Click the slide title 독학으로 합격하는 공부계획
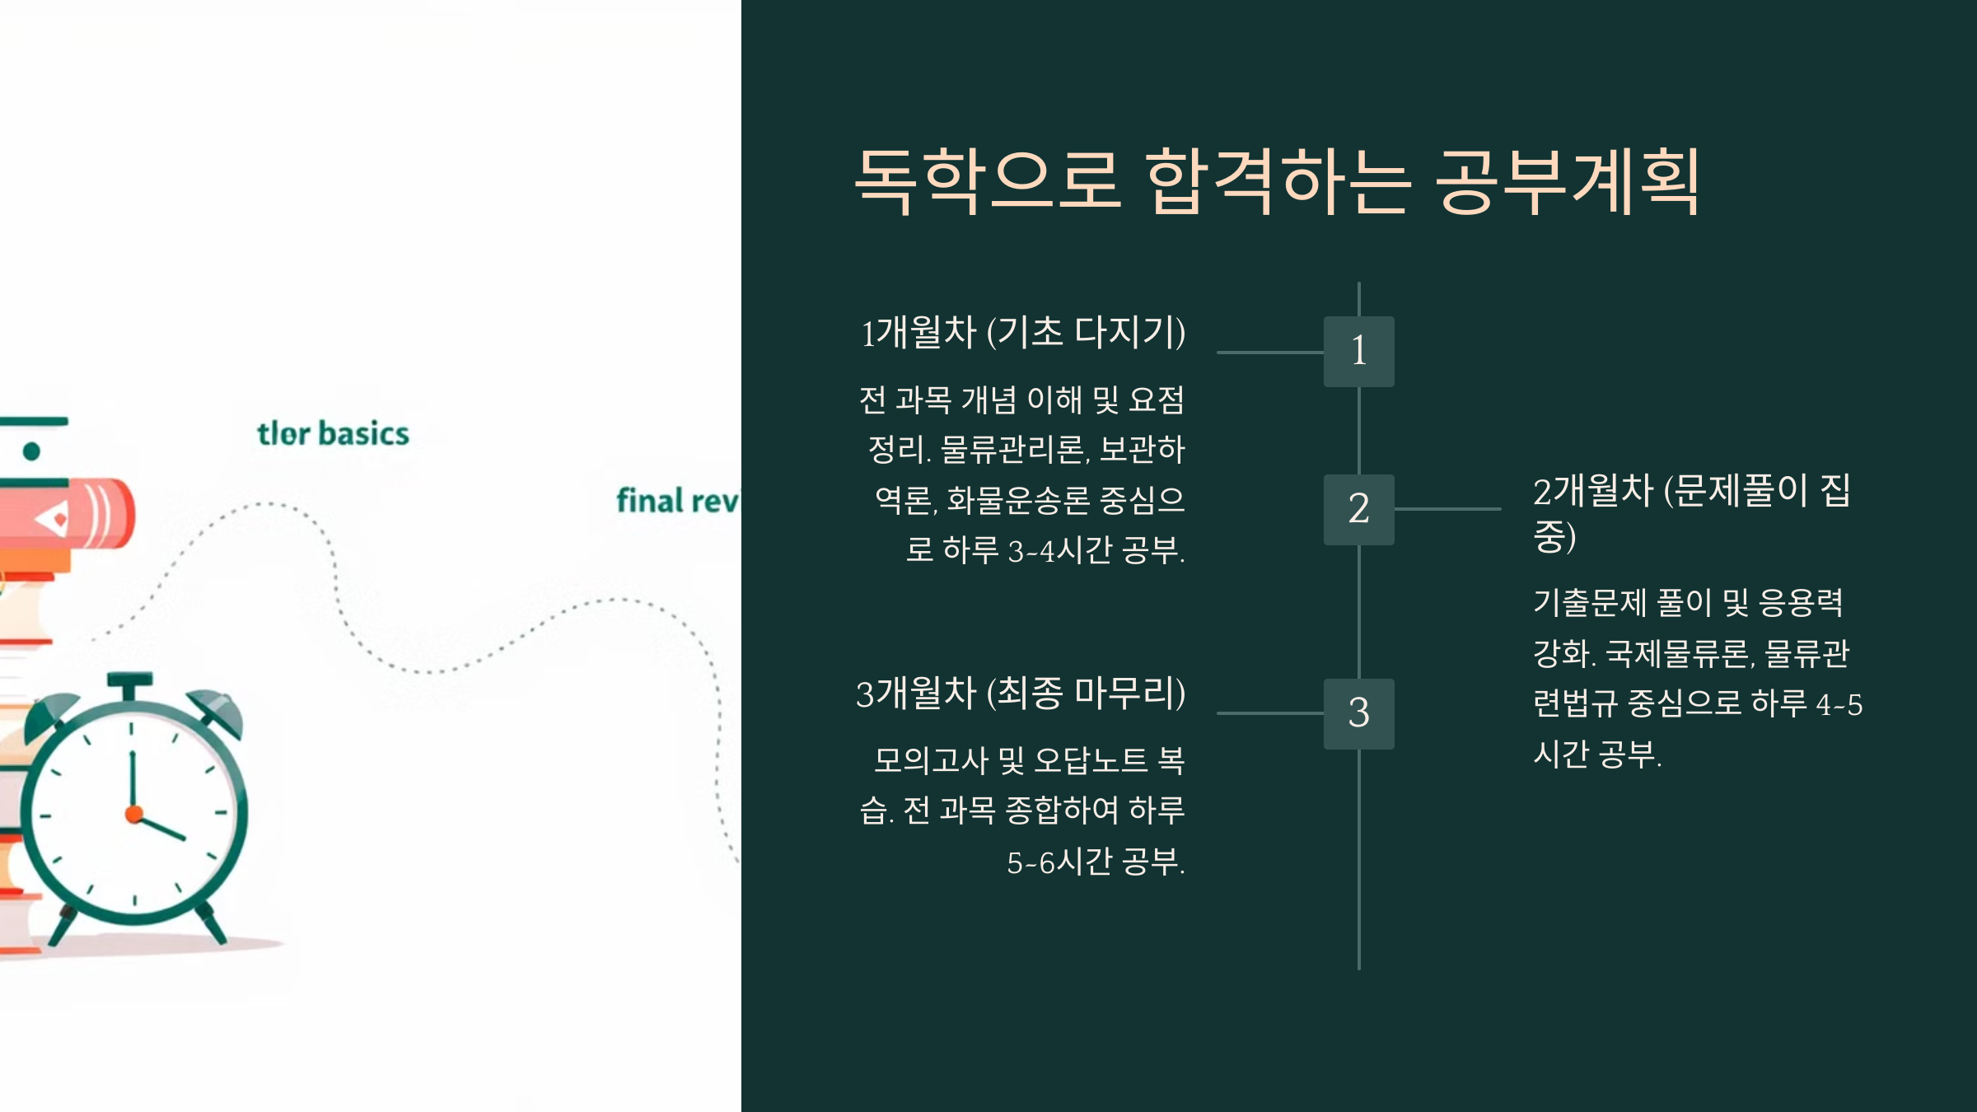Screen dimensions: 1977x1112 pos(1277,181)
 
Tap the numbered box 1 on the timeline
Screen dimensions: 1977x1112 pos(1358,352)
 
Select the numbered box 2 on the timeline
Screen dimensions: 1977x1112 pos(1358,509)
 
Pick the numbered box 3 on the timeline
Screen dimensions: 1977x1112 pos(1358,713)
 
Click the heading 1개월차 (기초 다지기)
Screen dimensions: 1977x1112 pos(1023,333)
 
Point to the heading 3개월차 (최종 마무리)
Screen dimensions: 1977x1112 pos(1021,694)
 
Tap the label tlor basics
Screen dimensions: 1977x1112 pos(333,433)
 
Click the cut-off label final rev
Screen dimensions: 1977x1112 pos(677,501)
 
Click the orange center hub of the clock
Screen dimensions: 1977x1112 pos(134,815)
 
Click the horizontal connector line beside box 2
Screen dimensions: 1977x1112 pos(1447,509)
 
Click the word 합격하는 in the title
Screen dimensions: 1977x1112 pos(1276,181)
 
